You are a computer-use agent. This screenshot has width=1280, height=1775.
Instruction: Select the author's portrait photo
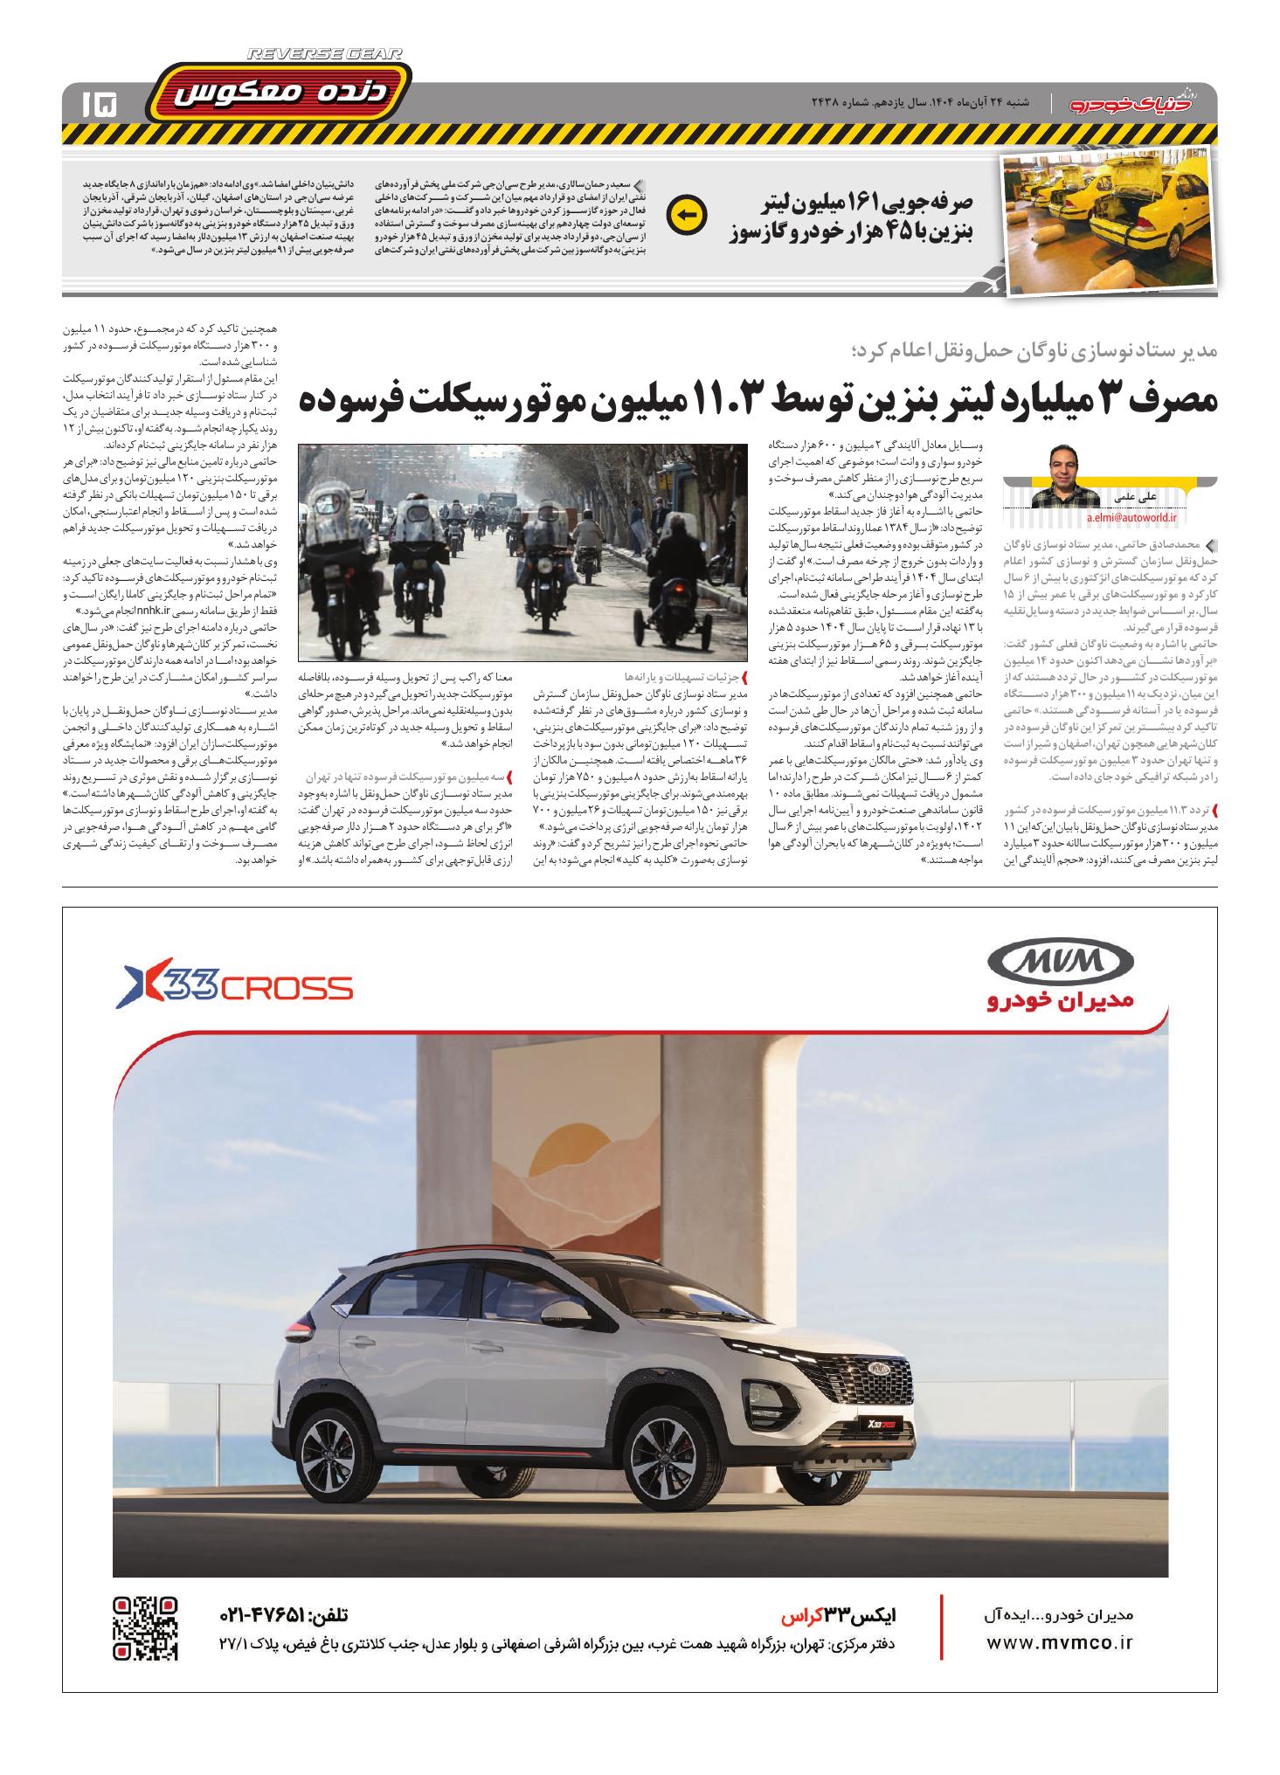[x=1064, y=476]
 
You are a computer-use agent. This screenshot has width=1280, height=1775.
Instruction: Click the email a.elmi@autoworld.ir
[x=1131, y=518]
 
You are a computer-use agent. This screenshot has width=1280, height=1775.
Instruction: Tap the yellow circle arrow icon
[x=685, y=215]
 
